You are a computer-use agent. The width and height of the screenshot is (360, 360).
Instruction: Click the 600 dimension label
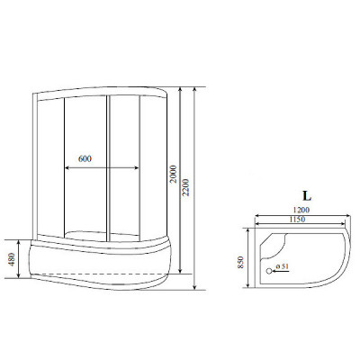[x=85, y=158]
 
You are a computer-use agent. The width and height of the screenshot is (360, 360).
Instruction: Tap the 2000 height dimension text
[x=174, y=175]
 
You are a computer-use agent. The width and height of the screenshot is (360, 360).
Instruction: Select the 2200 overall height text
[x=185, y=187]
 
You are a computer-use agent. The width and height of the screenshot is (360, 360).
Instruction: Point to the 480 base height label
[x=12, y=259]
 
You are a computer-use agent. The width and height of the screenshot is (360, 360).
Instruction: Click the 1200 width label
[x=301, y=210]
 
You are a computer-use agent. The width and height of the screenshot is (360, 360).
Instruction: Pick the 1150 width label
[x=297, y=220]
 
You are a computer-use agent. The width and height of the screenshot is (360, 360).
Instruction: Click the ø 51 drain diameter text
[x=282, y=266]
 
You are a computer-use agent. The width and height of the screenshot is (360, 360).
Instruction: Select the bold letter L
[x=307, y=196]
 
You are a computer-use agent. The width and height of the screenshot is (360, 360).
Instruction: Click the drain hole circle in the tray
[x=269, y=271]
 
